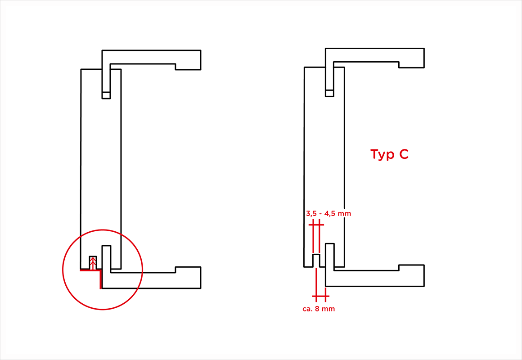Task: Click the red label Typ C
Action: click(x=389, y=154)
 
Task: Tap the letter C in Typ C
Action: click(x=404, y=154)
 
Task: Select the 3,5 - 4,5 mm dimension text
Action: click(x=328, y=213)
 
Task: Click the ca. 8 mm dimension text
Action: click(x=319, y=309)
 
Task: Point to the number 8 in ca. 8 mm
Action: click(x=317, y=309)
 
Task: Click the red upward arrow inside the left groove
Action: click(x=93, y=263)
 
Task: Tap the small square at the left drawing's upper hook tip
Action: click(x=106, y=95)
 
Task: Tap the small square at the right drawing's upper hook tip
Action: click(x=329, y=93)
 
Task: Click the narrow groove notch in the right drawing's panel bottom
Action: click(x=316, y=261)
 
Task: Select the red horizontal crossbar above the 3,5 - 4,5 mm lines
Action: click(x=316, y=225)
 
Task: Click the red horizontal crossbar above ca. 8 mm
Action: click(x=320, y=296)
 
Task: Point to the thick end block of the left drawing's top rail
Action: click(x=188, y=60)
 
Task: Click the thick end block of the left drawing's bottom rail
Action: click(x=188, y=277)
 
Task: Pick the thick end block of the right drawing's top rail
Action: click(x=411, y=58)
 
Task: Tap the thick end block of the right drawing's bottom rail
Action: click(x=411, y=275)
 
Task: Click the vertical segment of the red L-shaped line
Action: click(x=100, y=279)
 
